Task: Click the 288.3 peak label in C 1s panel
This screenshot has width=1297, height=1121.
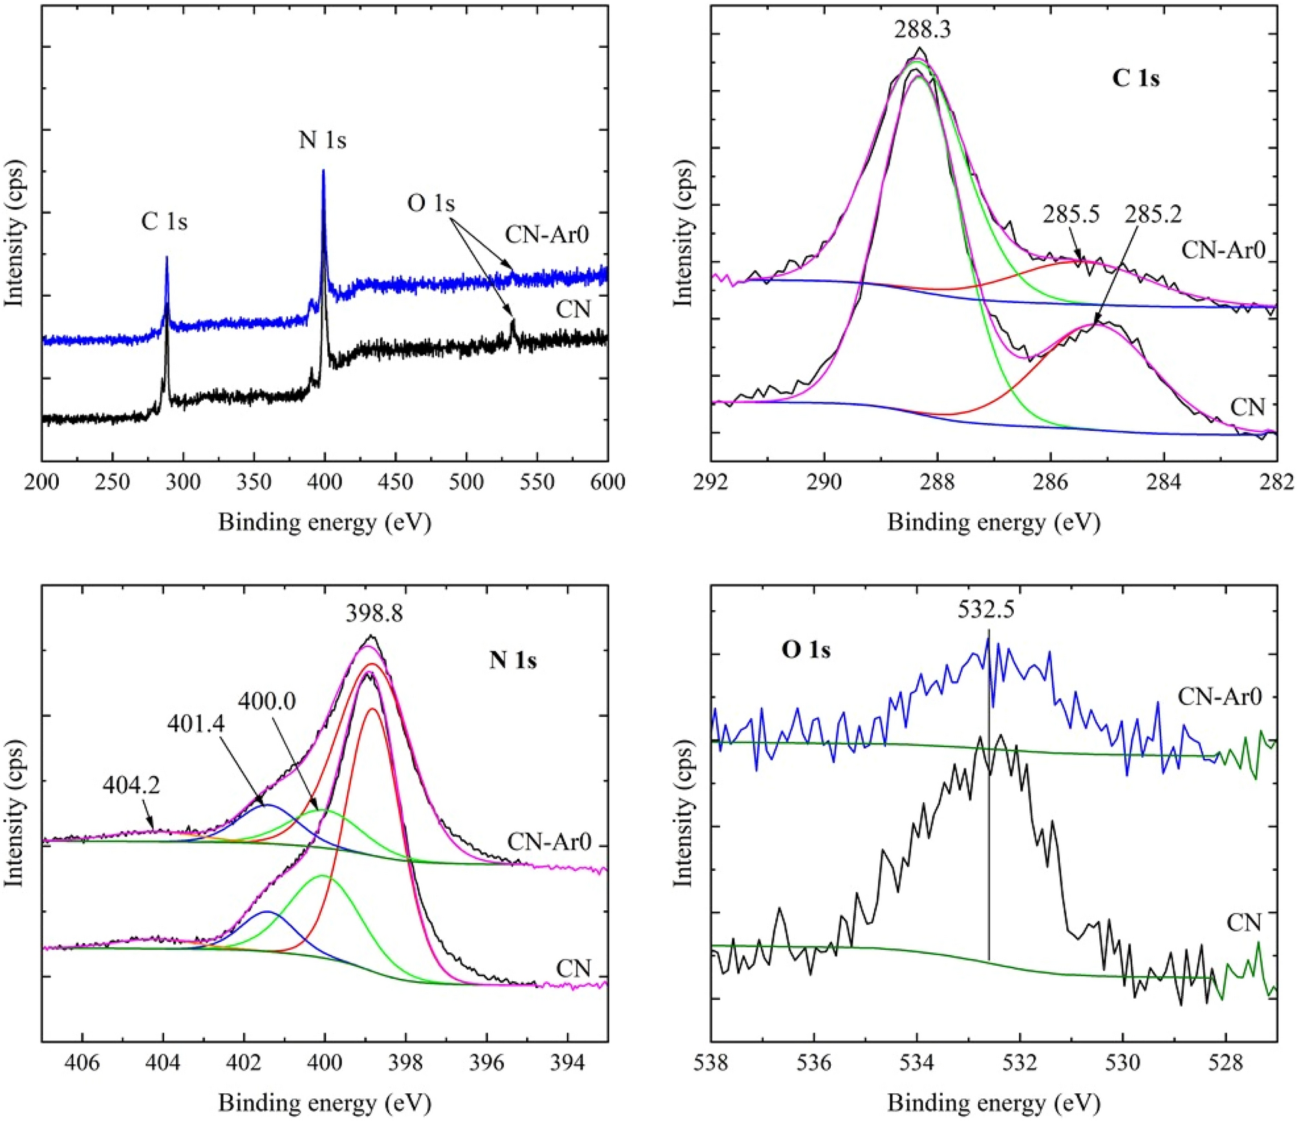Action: [x=923, y=30]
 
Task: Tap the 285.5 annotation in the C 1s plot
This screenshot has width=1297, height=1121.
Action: [x=1071, y=214]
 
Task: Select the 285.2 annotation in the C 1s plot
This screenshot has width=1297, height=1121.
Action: [x=1153, y=214]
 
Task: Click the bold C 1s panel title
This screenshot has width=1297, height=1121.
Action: [x=1135, y=79]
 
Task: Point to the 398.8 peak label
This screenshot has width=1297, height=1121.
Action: [x=374, y=613]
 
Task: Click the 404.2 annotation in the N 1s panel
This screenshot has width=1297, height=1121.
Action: [x=131, y=785]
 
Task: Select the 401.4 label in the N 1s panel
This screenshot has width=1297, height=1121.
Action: [x=195, y=723]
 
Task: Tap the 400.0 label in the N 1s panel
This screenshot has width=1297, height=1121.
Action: [x=266, y=701]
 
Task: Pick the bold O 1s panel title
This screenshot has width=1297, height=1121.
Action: [x=806, y=650]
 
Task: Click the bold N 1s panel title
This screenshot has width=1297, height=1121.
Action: [x=513, y=660]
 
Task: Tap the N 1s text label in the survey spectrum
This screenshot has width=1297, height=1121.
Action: [x=322, y=140]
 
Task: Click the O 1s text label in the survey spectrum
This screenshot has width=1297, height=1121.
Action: [x=431, y=204]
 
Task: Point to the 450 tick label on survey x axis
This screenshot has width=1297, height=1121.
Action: [x=395, y=482]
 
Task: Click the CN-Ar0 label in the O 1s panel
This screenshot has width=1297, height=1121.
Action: [x=1219, y=697]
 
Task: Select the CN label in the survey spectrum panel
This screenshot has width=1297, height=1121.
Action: [x=573, y=310]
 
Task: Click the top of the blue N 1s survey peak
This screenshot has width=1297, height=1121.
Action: [x=323, y=171]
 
